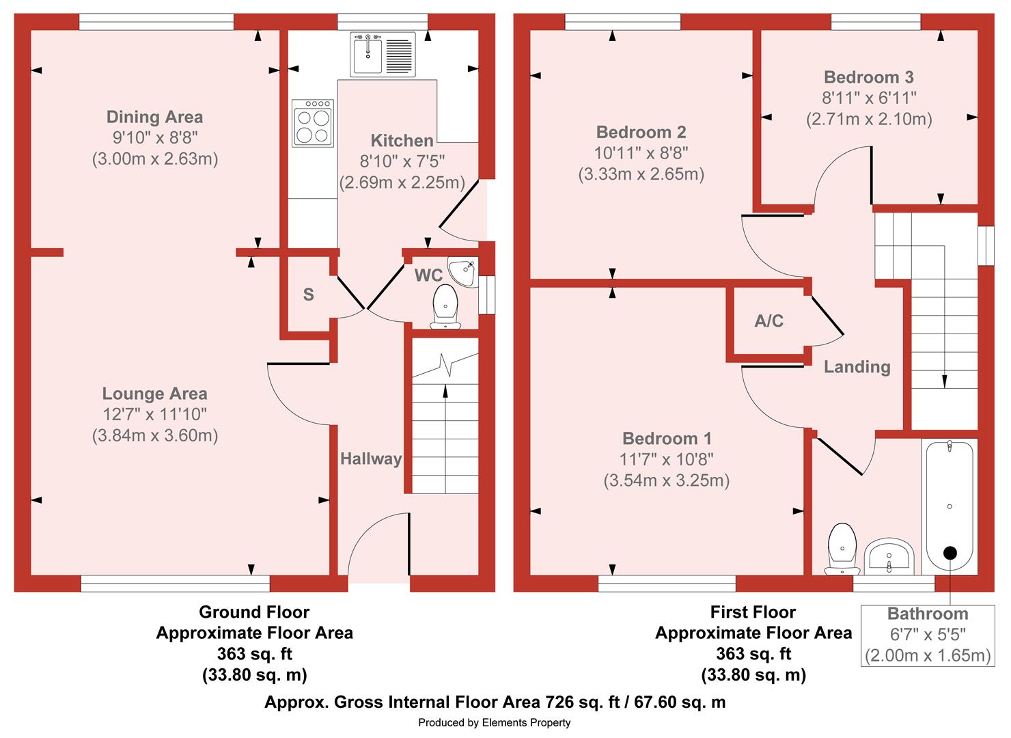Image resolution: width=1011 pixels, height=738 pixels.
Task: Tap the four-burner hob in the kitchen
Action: [313, 123]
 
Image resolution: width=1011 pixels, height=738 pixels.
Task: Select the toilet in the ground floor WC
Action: [445, 307]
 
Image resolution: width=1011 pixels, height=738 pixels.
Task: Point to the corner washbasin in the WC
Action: [462, 271]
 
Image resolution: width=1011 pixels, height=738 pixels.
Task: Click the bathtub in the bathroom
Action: [950, 507]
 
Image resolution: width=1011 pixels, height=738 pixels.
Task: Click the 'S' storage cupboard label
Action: [308, 295]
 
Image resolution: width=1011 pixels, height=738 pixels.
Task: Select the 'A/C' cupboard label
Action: [769, 321]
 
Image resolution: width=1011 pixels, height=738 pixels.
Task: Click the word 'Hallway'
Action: [371, 459]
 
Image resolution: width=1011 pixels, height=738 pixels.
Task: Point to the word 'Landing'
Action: [857, 366]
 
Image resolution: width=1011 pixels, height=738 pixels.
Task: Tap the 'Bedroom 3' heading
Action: [869, 77]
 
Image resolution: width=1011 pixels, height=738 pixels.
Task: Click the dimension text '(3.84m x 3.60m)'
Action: [155, 435]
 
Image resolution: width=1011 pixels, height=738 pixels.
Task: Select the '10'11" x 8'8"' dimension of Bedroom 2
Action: [641, 153]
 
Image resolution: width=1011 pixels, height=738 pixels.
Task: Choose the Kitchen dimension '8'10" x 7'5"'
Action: [402, 161]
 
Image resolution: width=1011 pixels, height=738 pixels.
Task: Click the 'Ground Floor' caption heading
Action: [254, 612]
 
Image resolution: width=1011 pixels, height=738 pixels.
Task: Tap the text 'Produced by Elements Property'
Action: [494, 723]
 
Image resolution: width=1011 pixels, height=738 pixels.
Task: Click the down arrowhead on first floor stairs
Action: [943, 382]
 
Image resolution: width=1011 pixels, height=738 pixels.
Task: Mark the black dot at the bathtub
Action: [950, 553]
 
